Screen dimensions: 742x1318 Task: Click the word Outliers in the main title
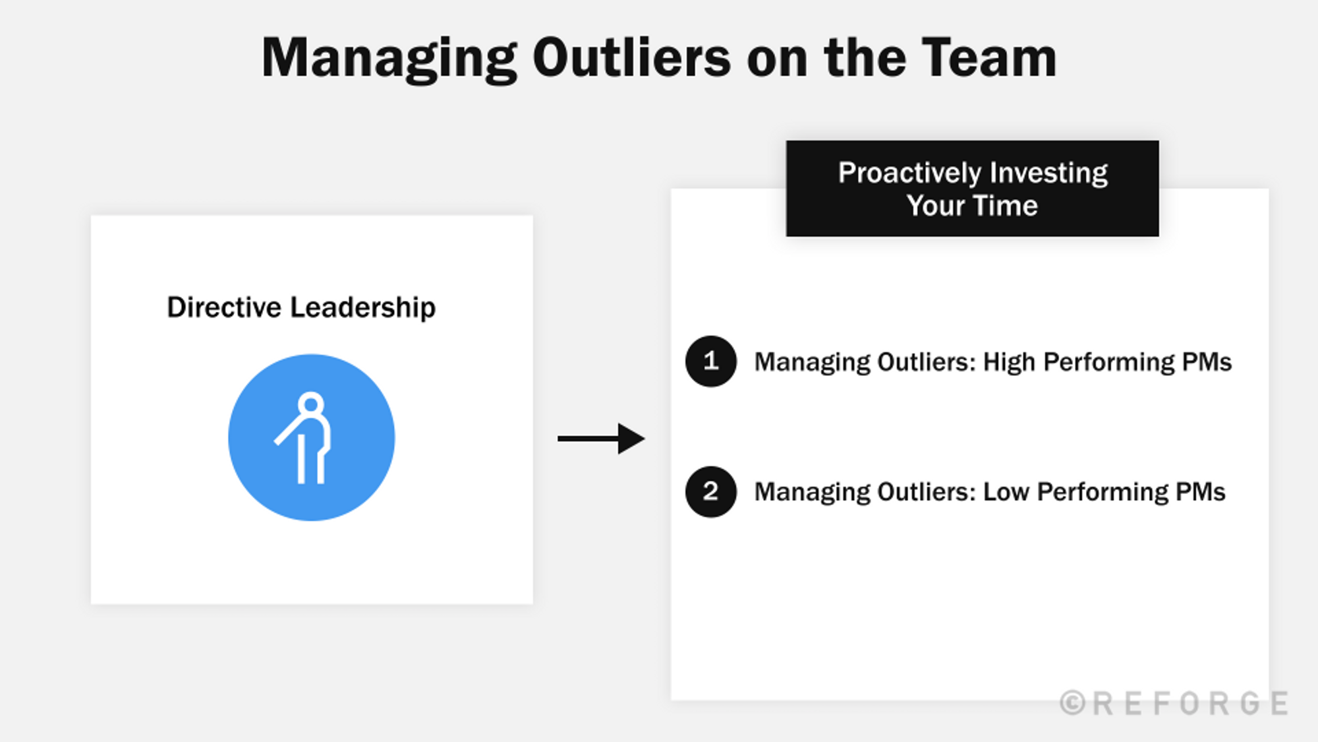[x=631, y=58]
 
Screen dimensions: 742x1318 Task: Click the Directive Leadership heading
[x=301, y=307]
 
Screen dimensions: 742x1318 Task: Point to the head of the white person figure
[x=310, y=404]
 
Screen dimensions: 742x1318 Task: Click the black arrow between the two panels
[x=601, y=439]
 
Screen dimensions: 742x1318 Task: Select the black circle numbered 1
[x=710, y=361]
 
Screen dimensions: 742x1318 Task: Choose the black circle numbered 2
[x=710, y=492]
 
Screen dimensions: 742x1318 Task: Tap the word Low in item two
[x=1006, y=492]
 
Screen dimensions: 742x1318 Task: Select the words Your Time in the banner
[x=972, y=206]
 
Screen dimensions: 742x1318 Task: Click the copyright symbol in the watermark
[x=1072, y=703]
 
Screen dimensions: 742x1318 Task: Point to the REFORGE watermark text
[x=1190, y=704]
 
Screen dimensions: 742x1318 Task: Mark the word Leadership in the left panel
[x=362, y=307]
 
